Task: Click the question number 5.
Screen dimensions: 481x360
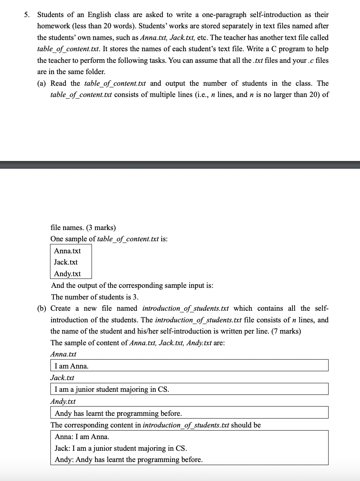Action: click(x=26, y=15)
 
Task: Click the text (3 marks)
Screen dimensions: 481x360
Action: click(x=100, y=227)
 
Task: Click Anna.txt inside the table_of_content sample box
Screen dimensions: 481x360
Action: click(x=67, y=251)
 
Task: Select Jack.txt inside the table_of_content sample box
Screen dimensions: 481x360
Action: click(x=66, y=262)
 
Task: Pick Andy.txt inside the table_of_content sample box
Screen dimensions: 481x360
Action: click(x=67, y=273)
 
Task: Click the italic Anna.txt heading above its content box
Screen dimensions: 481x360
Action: click(x=64, y=354)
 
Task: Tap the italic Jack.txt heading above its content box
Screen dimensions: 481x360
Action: click(x=62, y=377)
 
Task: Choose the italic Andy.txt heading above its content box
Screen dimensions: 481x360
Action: click(x=63, y=401)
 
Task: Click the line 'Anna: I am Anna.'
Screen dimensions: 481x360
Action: click(x=82, y=437)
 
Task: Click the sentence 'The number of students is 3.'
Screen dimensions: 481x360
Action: click(x=95, y=297)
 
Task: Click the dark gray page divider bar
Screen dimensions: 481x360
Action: click(x=180, y=164)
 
